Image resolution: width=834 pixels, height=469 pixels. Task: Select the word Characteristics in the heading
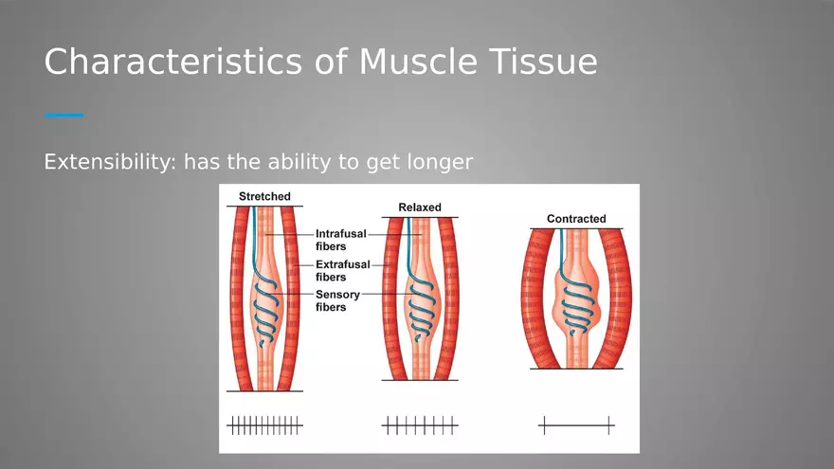point(173,62)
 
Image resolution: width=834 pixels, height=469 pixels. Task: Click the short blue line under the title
point(63,115)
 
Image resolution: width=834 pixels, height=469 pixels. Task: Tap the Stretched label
point(264,196)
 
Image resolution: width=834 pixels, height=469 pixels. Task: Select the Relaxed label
point(420,207)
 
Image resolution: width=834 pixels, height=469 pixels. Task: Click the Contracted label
point(576,219)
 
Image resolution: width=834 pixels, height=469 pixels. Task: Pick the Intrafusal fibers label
point(340,240)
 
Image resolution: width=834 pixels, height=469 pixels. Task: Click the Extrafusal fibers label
point(342,271)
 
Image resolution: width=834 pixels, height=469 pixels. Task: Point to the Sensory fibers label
point(337,300)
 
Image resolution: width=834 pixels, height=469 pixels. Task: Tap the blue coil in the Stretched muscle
point(265,314)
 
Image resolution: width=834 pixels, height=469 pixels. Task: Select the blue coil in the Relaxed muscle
point(421,314)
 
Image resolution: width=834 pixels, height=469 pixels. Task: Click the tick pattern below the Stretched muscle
point(264,425)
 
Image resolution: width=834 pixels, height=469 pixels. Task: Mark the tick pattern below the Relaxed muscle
point(420,425)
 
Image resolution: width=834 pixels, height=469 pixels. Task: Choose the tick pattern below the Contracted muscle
point(576,425)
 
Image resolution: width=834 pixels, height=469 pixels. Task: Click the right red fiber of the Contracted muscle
point(617,298)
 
